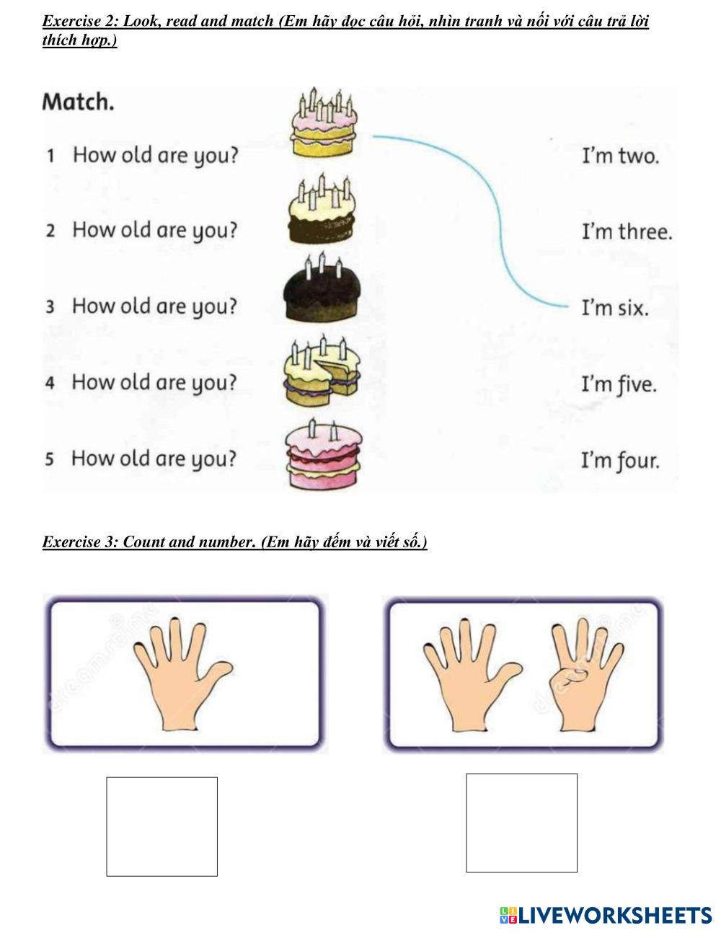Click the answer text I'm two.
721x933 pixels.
click(620, 156)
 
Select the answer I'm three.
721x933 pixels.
click(627, 232)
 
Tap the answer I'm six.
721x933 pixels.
click(615, 309)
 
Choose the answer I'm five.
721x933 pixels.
click(619, 384)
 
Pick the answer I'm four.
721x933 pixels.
click(620, 460)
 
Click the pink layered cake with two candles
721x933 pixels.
click(323, 454)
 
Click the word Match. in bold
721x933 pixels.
click(78, 102)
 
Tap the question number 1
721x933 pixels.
click(50, 156)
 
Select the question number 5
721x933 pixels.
click(49, 459)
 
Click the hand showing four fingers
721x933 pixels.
click(585, 674)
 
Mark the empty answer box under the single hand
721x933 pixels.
click(162, 826)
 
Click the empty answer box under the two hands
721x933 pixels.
click(521, 823)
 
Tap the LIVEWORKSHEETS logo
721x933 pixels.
click(606, 915)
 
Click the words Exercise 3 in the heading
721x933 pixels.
click(79, 542)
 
